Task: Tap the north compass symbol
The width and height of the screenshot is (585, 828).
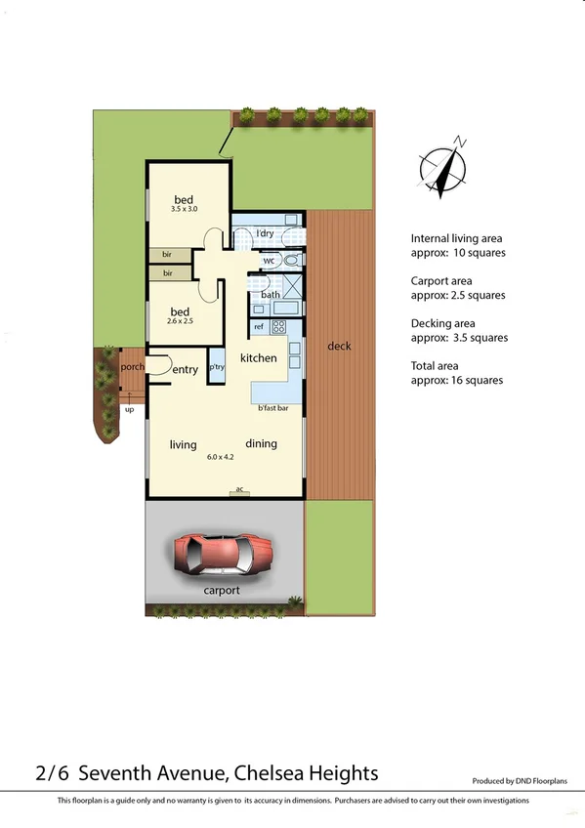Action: click(x=441, y=169)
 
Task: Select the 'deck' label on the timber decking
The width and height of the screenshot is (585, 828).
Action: click(x=339, y=346)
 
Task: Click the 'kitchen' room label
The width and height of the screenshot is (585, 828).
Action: click(x=259, y=358)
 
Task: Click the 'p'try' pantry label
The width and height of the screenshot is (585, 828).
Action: click(x=216, y=366)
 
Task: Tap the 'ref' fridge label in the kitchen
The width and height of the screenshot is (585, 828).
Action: click(x=259, y=326)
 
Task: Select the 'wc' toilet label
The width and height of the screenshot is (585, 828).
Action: click(x=269, y=261)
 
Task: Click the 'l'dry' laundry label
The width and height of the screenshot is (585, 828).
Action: click(x=265, y=234)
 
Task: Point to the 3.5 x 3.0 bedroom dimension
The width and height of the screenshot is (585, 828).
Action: click(x=184, y=209)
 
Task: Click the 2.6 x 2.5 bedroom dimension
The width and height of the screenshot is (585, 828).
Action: click(x=181, y=320)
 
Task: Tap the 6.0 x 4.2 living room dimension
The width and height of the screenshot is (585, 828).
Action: click(x=222, y=457)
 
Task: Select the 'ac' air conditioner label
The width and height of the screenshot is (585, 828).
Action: click(x=239, y=489)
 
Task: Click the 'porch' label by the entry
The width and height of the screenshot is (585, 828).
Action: click(x=132, y=367)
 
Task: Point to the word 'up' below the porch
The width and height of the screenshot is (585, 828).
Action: click(x=129, y=409)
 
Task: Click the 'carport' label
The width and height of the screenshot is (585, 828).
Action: click(x=222, y=591)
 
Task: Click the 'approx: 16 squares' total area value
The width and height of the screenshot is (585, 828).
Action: click(x=457, y=380)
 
